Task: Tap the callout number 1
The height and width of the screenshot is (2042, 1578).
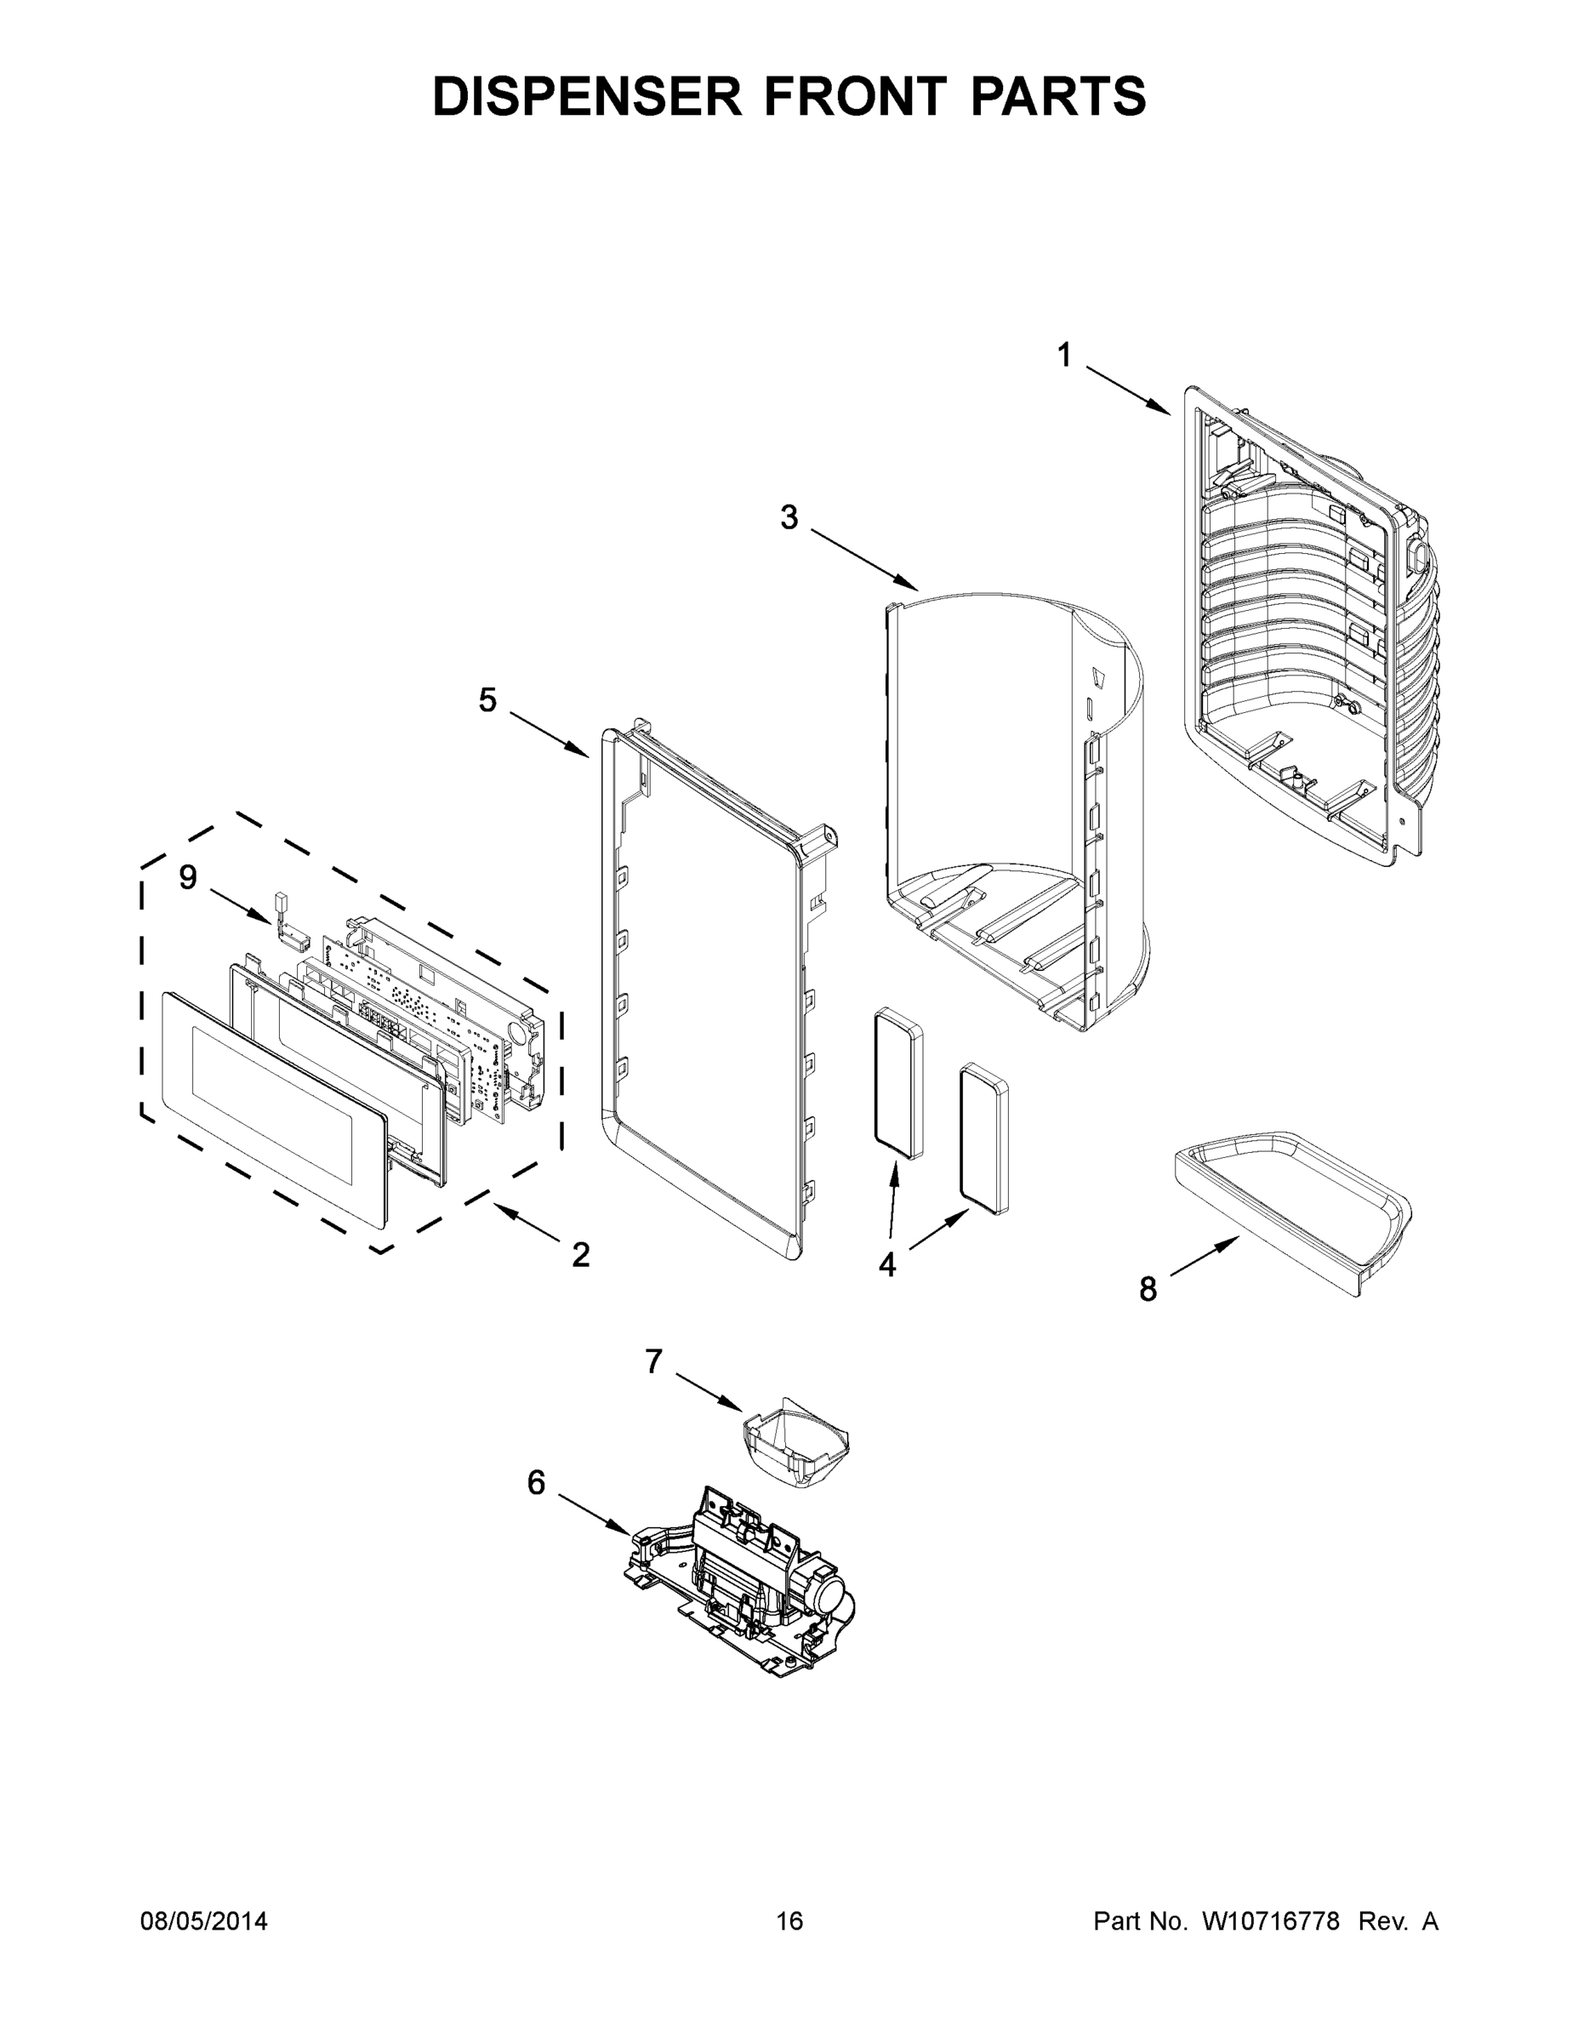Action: tap(1065, 356)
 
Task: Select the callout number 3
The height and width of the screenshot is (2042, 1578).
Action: tap(789, 516)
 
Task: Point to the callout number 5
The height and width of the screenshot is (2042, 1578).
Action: tap(487, 699)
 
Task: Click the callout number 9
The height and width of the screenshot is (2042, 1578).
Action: tap(188, 877)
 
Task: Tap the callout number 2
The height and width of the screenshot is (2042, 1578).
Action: tap(580, 1255)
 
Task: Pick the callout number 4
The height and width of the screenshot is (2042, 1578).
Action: tap(886, 1265)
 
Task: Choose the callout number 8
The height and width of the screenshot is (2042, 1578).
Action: tap(1148, 1289)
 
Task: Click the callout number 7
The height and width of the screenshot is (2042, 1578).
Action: tap(653, 1361)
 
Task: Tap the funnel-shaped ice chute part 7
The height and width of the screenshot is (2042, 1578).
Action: tap(795, 1446)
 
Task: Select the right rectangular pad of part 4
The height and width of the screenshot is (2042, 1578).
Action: tap(984, 1137)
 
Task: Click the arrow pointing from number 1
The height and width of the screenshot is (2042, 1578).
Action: tap(1127, 391)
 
